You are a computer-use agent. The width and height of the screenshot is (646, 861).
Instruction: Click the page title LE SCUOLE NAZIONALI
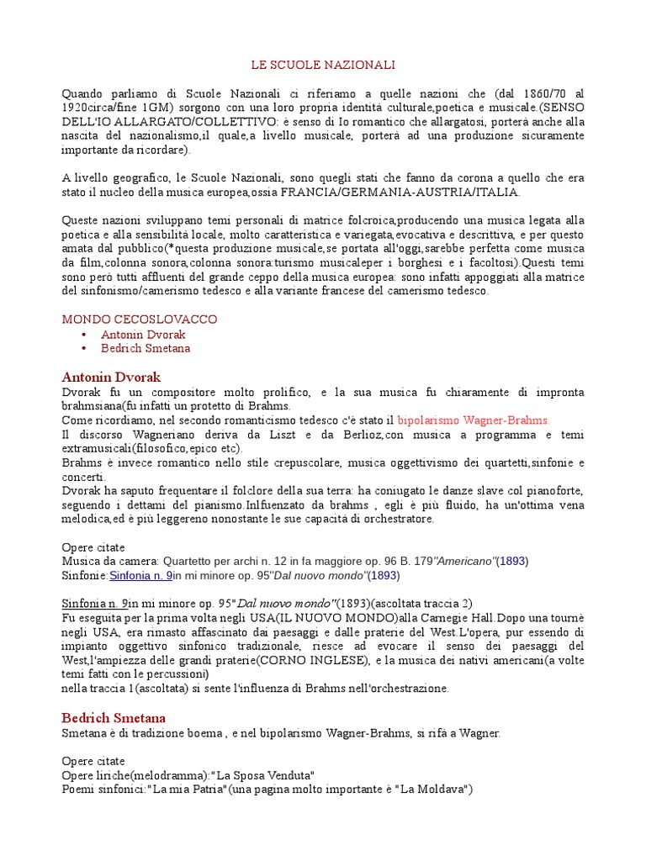click(323, 65)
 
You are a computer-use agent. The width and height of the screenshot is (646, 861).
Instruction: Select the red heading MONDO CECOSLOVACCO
click(140, 320)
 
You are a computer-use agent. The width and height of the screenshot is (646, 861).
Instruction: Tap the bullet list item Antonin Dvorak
click(143, 334)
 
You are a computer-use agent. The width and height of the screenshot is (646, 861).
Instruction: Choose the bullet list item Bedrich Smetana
click(146, 348)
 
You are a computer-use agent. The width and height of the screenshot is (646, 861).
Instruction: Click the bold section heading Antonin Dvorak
click(111, 377)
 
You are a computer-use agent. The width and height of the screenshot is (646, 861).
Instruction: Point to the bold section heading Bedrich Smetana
click(114, 717)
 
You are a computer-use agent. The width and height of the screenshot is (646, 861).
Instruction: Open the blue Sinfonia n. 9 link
click(141, 575)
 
